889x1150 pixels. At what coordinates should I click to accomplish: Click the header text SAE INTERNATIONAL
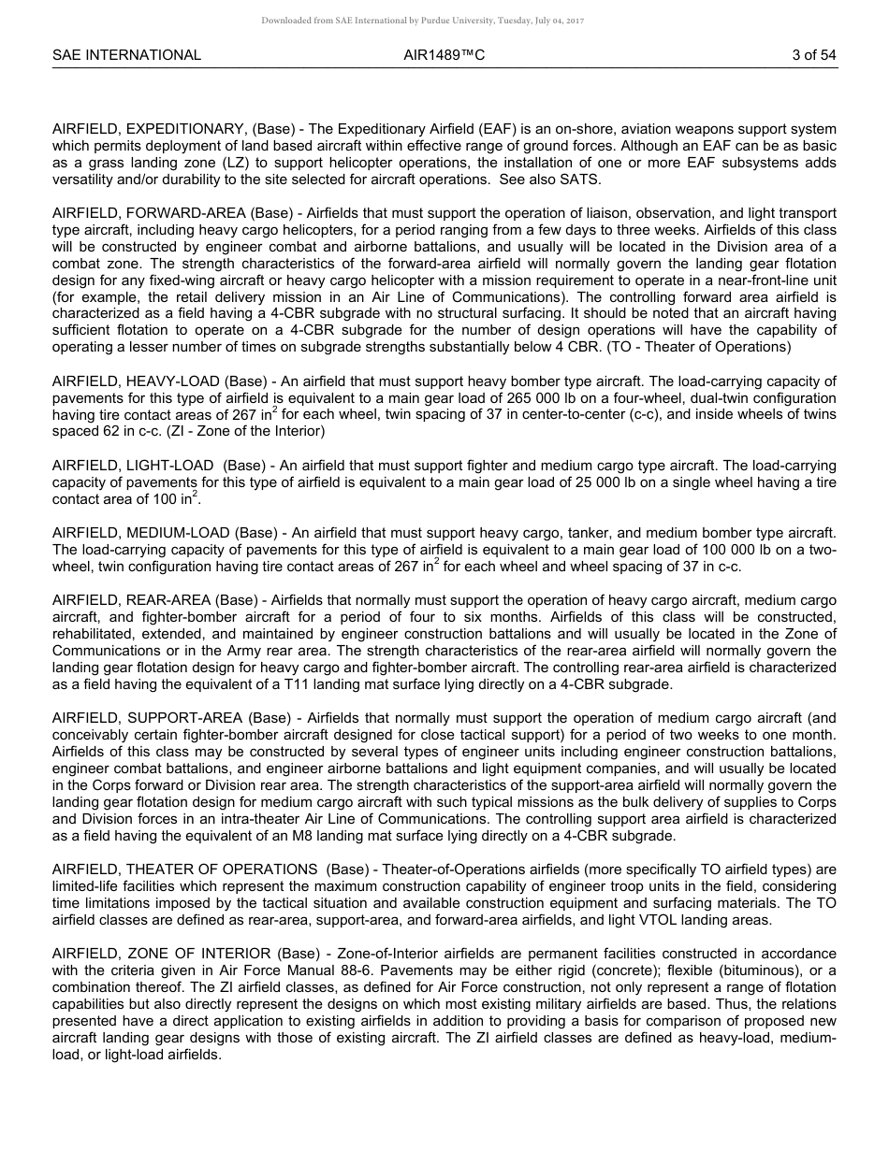[126, 55]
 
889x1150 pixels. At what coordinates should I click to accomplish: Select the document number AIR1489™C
[444, 55]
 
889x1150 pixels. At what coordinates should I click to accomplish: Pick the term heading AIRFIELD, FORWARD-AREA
[149, 214]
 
